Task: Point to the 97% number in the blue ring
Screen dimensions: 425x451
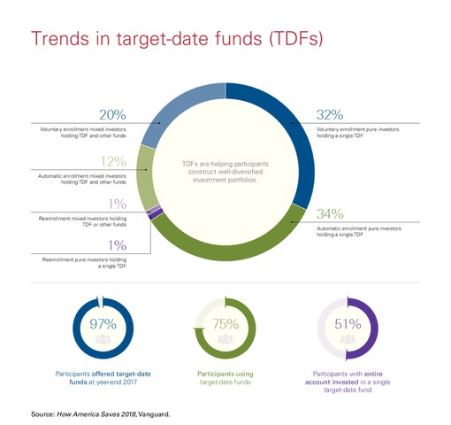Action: click(103, 323)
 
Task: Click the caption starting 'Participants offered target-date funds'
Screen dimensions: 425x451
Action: click(103, 379)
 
